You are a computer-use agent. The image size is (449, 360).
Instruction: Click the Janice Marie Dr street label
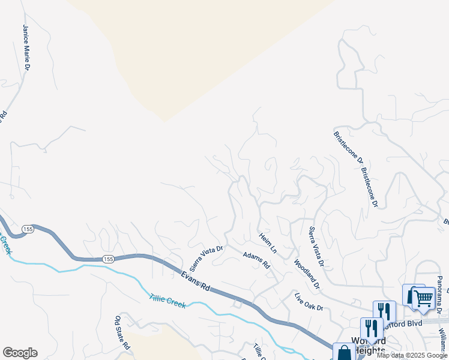click(x=26, y=47)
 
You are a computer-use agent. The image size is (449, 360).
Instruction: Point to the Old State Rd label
click(x=122, y=332)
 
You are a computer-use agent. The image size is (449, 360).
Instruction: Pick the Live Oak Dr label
click(x=309, y=301)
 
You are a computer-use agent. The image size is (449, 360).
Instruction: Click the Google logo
click(x=20, y=353)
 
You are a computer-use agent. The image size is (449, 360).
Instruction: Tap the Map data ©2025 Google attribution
click(x=412, y=355)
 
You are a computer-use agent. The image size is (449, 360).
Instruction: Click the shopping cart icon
click(x=423, y=298)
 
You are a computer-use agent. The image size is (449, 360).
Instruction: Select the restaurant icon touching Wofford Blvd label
click(x=384, y=311)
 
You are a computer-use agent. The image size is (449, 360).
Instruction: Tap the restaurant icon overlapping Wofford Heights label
click(x=372, y=329)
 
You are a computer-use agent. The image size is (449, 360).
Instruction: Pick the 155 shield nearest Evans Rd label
click(x=107, y=259)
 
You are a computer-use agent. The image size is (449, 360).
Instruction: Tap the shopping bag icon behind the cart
click(x=412, y=295)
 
